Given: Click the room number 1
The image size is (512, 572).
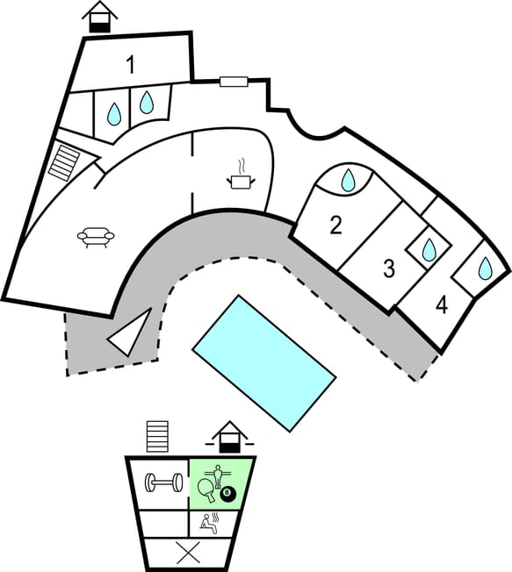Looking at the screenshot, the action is (x=130, y=65).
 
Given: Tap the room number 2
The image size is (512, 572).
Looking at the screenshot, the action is (x=336, y=225).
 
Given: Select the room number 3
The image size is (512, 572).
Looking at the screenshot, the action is (x=389, y=268).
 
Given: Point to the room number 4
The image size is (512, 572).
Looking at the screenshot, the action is (x=442, y=305).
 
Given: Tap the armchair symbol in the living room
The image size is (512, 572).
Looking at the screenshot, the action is (x=96, y=237).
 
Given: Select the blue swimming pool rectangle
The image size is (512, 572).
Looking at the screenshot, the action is (x=264, y=363).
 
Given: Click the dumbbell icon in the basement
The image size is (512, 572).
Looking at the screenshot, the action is (x=164, y=483).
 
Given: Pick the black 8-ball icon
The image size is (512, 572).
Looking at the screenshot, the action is (x=228, y=494).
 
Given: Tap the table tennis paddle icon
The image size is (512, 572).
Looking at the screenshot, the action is (x=206, y=490).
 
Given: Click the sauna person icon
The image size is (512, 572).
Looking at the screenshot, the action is (x=210, y=523).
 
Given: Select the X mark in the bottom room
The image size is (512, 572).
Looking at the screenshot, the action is (x=188, y=552).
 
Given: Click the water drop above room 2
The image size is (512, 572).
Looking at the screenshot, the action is (x=348, y=180).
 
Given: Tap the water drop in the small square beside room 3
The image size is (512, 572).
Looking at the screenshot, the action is (x=429, y=250).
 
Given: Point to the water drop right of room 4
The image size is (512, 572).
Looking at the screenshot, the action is (x=486, y=268).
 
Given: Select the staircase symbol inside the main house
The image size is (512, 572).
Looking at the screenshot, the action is (x=64, y=162).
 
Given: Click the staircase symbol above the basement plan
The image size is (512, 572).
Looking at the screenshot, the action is (x=157, y=436).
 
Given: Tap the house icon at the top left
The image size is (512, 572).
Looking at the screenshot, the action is (x=100, y=17).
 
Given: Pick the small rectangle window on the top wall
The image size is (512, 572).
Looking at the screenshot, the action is (x=234, y=82).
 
